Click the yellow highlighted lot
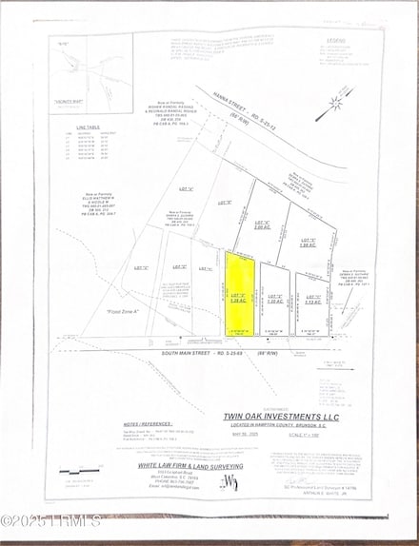pyautogui.click(x=239, y=293)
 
